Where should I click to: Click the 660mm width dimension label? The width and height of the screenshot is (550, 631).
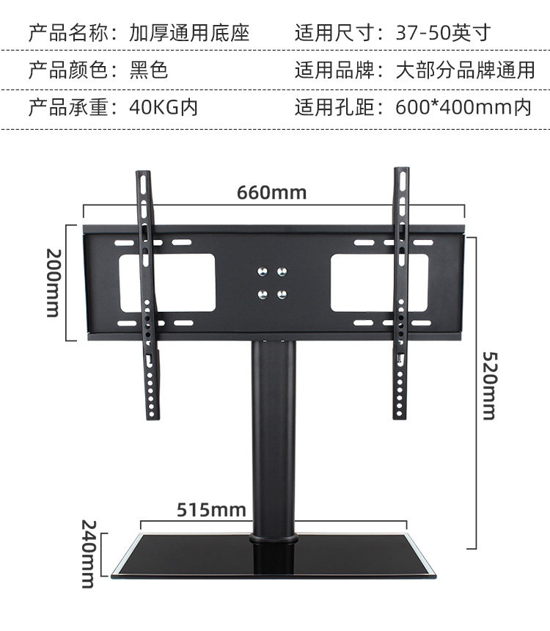point(271,193)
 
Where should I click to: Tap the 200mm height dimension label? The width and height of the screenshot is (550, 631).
point(52,282)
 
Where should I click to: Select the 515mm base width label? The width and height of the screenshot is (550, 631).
point(210,509)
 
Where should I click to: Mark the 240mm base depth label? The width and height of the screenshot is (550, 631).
point(88,554)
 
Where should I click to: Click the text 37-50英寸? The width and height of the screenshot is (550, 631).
point(442,32)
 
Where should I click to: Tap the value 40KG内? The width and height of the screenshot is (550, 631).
point(164,108)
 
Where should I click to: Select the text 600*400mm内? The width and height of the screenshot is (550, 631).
point(463,108)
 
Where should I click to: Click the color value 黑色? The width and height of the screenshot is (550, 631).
point(149,70)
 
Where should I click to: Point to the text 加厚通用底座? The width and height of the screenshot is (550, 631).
point(189,32)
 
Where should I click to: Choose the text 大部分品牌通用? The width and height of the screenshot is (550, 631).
point(465,70)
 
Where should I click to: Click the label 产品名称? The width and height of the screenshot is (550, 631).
point(67,32)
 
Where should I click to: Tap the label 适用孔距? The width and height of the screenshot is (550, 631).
point(334,108)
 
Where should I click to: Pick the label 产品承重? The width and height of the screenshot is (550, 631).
point(67,108)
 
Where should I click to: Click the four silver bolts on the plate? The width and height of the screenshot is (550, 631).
point(272,282)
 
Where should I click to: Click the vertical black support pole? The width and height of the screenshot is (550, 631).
point(274,440)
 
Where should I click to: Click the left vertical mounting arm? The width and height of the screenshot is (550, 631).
point(147,293)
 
